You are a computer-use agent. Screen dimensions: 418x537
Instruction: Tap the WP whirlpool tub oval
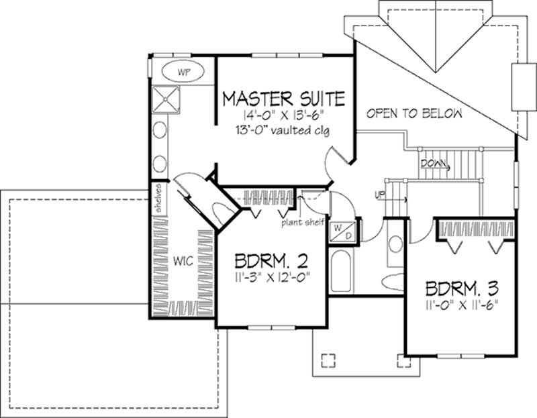coord(183,70)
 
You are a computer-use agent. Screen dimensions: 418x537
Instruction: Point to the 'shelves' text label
coord(159,199)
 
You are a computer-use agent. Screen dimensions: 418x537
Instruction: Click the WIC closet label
coord(184,261)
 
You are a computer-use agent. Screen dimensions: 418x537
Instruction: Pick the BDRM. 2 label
coord(271,259)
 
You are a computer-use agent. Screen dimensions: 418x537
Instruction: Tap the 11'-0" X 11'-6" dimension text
coord(462,307)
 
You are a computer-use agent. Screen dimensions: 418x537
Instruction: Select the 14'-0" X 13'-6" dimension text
coord(283,115)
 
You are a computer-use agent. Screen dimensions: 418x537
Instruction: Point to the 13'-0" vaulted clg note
coord(283,129)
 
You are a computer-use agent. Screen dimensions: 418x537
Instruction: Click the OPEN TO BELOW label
coord(414,114)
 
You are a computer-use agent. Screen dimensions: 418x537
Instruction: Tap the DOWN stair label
coord(432,163)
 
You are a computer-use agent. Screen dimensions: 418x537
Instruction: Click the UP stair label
coord(380,195)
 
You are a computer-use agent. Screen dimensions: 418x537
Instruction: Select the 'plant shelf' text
coord(303,222)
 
